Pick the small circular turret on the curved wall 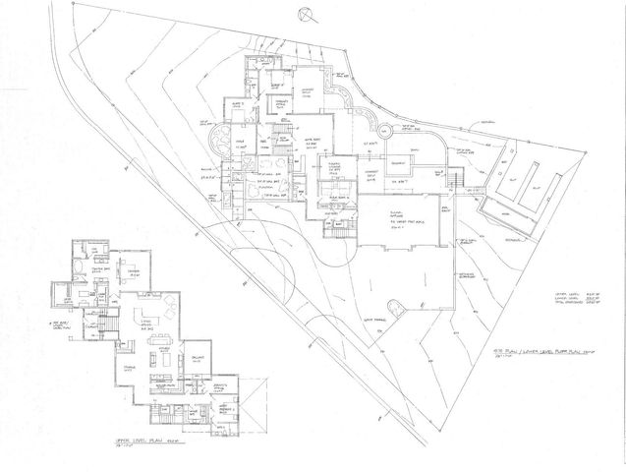point(383,130)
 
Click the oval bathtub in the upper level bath point(78,267)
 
